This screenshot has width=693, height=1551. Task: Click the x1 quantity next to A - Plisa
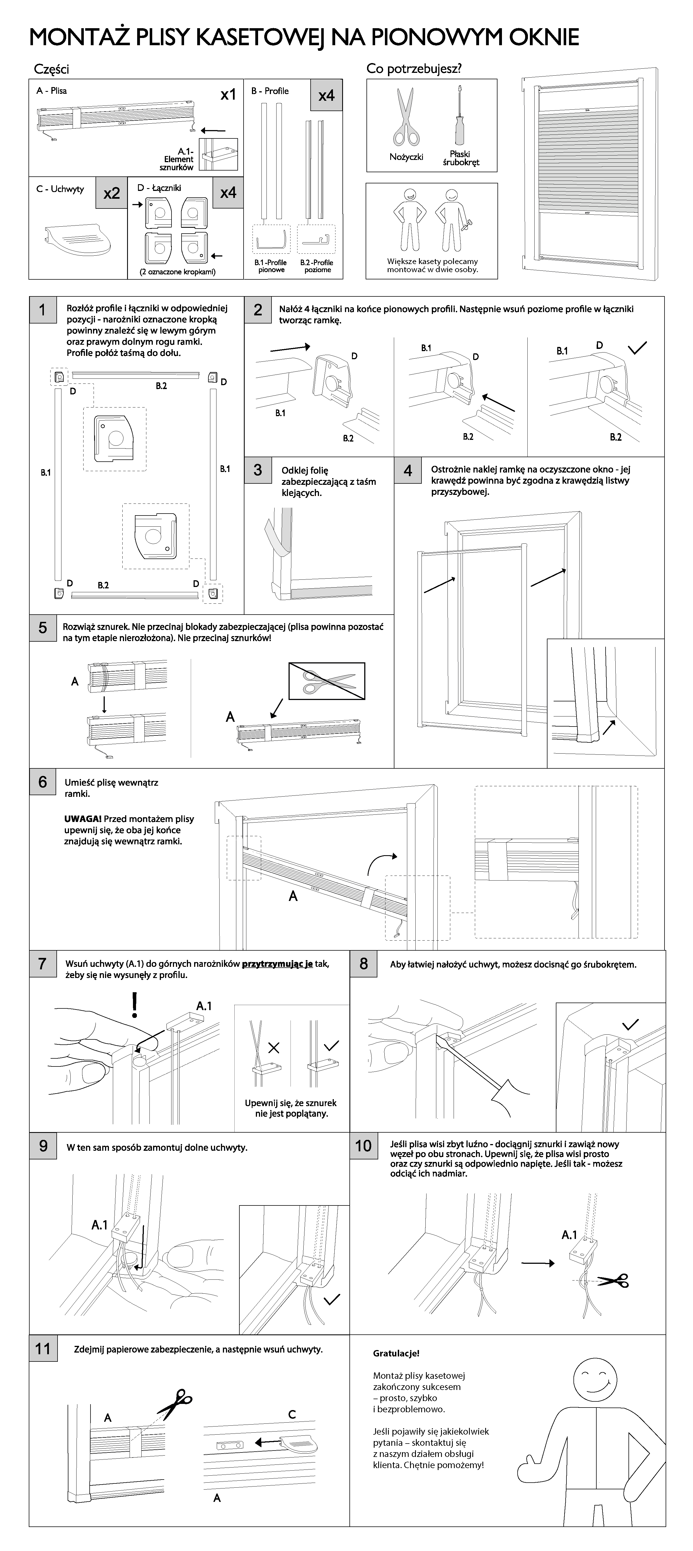click(228, 95)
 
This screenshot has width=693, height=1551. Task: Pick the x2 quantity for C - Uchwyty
click(111, 193)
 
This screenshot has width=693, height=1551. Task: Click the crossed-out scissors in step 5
click(327, 681)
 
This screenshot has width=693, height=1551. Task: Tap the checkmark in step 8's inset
click(630, 1024)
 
